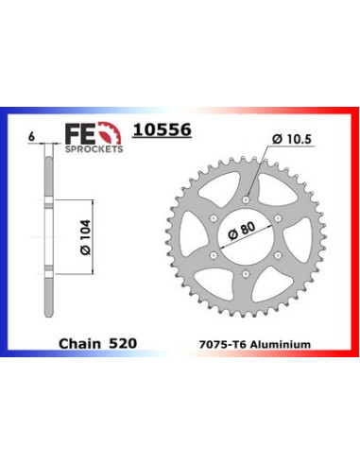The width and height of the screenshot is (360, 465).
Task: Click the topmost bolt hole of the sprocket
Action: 245,198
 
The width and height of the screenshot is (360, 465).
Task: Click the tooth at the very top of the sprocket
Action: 245,156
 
